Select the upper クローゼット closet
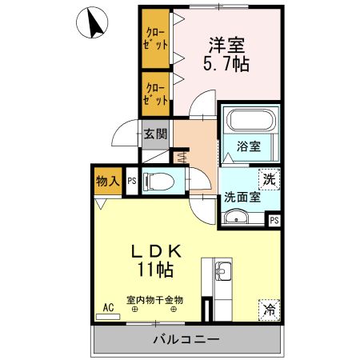[x=156, y=38]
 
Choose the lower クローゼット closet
[x=156, y=94]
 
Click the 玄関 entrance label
[x=156, y=134]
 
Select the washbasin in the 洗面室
[x=236, y=217]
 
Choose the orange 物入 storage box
[x=107, y=182]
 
